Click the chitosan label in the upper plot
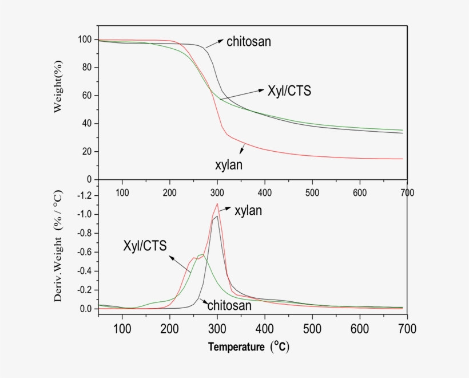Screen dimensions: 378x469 [x=249, y=41]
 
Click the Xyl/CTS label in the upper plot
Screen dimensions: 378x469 [x=289, y=90]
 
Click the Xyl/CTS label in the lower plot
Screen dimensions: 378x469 [x=145, y=246]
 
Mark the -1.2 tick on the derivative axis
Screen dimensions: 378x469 [x=84, y=195]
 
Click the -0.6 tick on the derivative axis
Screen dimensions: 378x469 [x=84, y=252]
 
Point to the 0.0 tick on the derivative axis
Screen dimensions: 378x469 [x=85, y=309]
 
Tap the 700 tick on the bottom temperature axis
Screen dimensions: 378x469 [x=407, y=328]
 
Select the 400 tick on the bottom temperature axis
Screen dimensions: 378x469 [x=264, y=328]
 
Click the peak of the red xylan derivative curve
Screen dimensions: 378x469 [x=217, y=203]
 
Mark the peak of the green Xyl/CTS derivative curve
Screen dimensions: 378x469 [x=202, y=254]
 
